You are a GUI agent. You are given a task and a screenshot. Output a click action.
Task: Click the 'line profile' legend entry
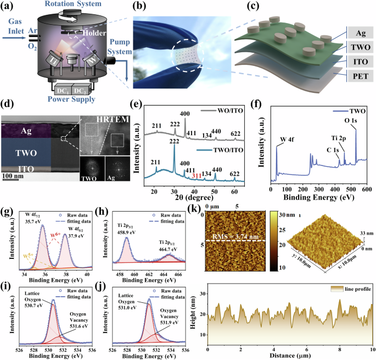[x=352, y=288]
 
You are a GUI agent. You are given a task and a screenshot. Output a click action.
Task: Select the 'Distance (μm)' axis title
[x=290, y=356]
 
